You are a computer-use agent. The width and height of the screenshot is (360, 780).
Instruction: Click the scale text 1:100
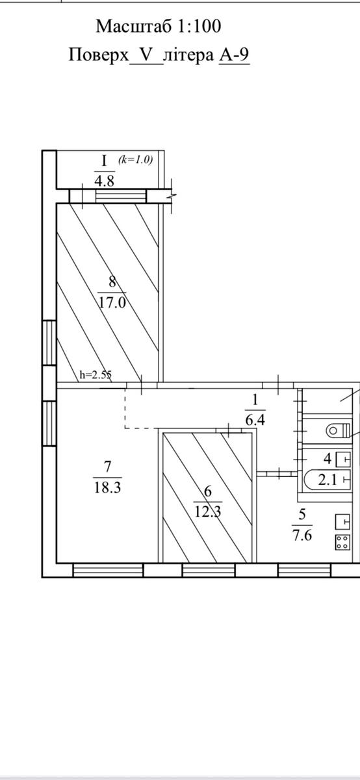click(199, 26)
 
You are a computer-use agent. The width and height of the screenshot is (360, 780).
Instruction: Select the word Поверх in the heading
click(99, 55)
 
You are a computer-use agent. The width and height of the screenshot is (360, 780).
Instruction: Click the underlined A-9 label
click(234, 55)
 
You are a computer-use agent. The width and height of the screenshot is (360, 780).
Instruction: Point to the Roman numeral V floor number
click(146, 55)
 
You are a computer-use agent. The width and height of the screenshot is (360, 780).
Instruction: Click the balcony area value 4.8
click(104, 181)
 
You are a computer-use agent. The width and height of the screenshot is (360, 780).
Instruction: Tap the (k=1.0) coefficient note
click(135, 160)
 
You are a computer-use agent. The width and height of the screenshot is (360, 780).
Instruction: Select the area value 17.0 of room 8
click(112, 303)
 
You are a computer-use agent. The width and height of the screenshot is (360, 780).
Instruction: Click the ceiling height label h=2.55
click(96, 374)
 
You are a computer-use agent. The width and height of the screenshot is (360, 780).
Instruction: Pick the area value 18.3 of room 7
click(108, 487)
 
